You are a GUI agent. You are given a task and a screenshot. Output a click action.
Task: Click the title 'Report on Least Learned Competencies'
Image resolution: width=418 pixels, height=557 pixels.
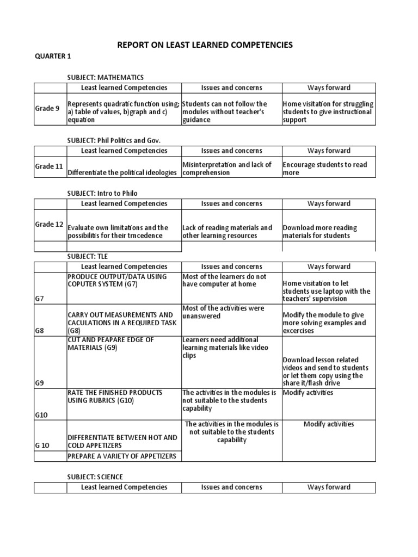coord(205,45)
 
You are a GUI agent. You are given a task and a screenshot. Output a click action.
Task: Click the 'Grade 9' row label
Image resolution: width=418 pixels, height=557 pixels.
coord(47,108)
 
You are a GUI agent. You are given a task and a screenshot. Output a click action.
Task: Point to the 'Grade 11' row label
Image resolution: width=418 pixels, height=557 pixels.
coord(49,166)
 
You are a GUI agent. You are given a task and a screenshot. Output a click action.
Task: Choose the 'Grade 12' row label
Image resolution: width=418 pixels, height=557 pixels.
coord(49,224)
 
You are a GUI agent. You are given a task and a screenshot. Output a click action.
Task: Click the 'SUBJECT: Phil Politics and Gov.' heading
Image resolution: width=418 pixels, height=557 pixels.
coord(114,140)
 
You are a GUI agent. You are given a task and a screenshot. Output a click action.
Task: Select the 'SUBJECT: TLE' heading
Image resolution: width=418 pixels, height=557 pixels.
coord(91,256)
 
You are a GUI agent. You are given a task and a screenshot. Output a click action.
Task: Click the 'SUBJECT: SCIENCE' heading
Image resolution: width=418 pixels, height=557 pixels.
coord(95,477)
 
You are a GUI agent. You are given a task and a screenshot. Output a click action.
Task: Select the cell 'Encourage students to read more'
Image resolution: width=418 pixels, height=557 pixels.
coord(324,169)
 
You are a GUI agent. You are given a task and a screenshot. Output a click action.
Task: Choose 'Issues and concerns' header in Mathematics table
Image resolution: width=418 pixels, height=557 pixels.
coord(231,88)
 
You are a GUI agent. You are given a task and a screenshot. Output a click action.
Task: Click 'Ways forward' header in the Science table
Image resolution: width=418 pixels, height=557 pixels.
coord(329,487)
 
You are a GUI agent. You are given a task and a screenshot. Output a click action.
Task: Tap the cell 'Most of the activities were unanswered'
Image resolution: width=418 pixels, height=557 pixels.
coord(223,312)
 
